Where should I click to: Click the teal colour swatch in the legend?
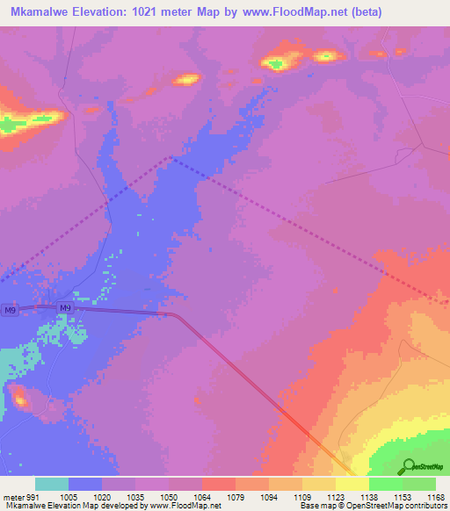[x=52, y=484]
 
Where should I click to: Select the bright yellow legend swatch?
[x=352, y=484]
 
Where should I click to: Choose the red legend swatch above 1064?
[x=219, y=484]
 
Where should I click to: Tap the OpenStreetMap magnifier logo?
[x=409, y=465]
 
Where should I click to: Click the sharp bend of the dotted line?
[x=171, y=159]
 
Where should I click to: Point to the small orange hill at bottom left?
[x=18, y=399]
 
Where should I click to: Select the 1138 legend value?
[x=352, y=496]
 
